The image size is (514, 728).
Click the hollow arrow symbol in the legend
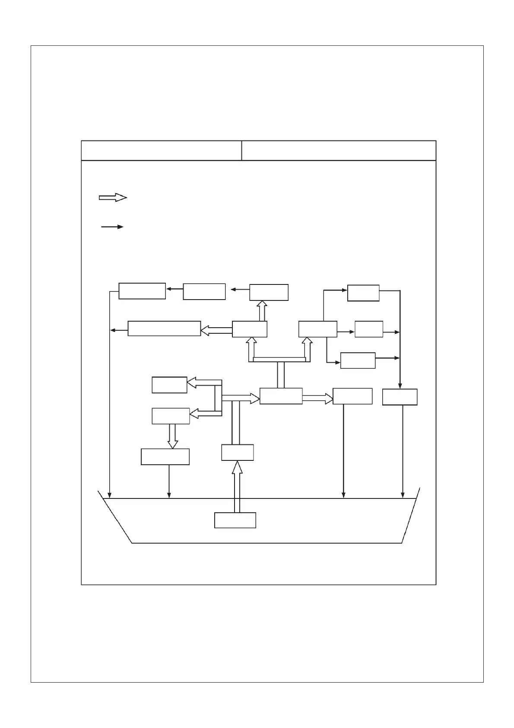click(113, 198)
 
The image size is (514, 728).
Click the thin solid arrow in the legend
click(112, 227)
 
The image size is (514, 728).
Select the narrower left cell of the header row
click(161, 150)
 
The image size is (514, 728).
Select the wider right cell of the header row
click(339, 150)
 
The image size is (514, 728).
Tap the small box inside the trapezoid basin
click(235, 520)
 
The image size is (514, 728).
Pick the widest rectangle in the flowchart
click(164, 329)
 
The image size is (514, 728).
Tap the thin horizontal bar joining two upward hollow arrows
click(279, 359)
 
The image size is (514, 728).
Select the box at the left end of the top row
click(142, 291)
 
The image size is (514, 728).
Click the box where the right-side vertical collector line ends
click(400, 397)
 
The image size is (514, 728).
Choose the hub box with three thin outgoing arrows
click(317, 329)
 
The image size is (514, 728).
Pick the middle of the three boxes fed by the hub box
click(368, 329)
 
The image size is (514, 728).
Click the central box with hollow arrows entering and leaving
click(281, 396)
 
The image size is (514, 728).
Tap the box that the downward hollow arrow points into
click(165, 457)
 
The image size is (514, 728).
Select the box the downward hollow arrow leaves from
click(171, 416)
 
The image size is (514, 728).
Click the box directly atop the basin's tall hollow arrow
click(237, 452)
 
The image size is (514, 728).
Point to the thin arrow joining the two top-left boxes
click(175, 289)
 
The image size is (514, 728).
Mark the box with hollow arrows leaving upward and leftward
click(249, 329)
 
